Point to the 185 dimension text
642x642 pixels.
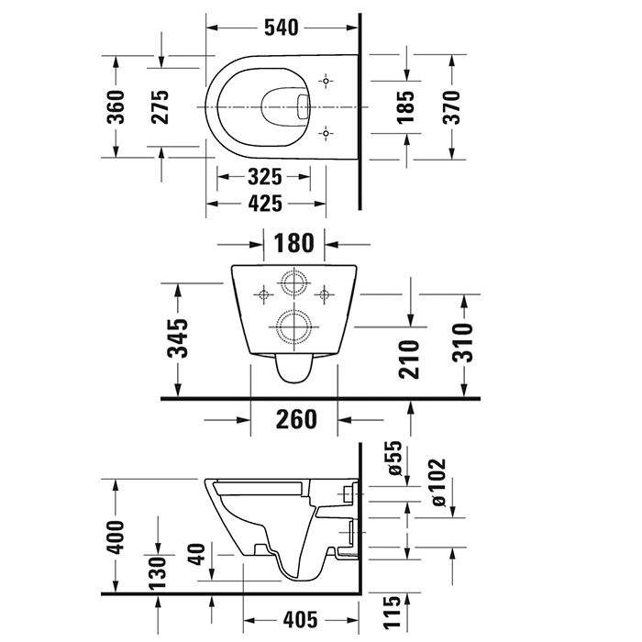[405, 106]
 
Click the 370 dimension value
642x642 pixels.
[452, 106]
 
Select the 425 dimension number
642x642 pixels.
[264, 204]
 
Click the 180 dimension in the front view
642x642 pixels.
[294, 244]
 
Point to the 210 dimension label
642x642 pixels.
[409, 360]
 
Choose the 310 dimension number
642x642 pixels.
[465, 341]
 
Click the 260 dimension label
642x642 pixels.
[295, 419]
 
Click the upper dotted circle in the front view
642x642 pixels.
[293, 284]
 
